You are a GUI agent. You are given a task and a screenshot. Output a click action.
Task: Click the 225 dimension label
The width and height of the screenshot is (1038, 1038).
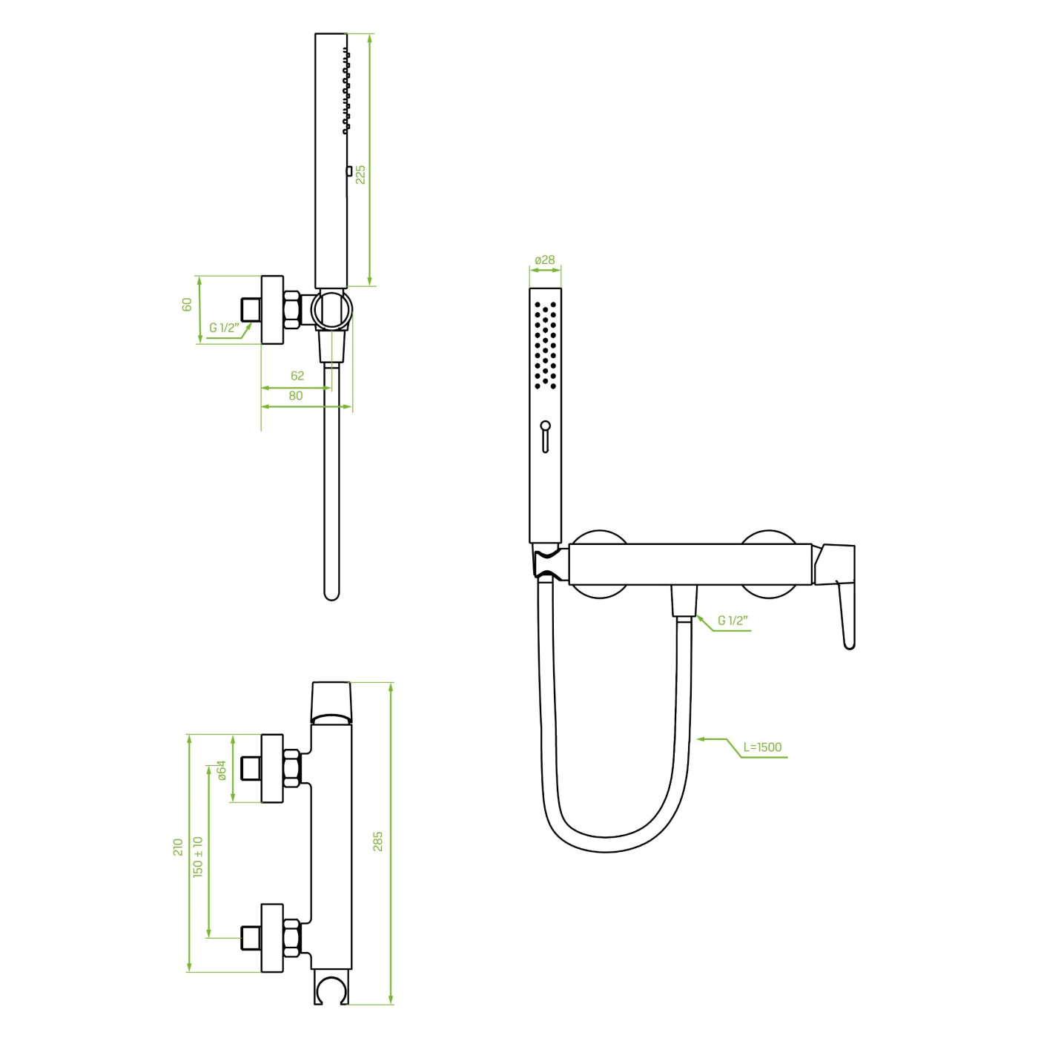tap(360, 174)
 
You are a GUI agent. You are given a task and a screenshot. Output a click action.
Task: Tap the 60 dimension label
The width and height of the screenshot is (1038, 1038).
tap(187, 304)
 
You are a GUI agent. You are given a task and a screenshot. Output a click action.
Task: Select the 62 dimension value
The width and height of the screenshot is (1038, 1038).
tap(297, 375)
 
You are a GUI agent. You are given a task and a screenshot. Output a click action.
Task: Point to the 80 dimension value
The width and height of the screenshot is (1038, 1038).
tap(295, 395)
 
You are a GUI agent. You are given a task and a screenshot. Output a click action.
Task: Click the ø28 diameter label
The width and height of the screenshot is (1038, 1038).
tap(545, 260)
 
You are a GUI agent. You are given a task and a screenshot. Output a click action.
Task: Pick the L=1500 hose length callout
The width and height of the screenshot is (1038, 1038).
tap(762, 747)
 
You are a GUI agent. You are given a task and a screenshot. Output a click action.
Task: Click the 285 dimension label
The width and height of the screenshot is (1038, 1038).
tap(377, 842)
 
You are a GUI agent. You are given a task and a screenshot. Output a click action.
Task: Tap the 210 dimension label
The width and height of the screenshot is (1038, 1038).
tap(178, 847)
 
